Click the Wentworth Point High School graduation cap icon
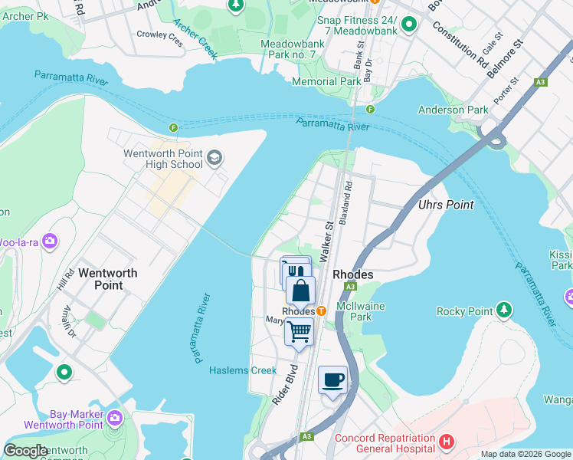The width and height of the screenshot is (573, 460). pos(214,158)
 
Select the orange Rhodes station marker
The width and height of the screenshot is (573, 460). pos(322,311)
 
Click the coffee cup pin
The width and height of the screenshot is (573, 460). pos(332,380)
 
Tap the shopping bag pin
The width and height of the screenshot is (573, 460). pos(301,291)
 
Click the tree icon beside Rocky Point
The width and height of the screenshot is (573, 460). pos(504,310)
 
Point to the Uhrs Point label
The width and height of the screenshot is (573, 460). pos(446,205)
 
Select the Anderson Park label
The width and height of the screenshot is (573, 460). pos(453,110)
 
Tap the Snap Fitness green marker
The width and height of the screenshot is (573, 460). pos(408,25)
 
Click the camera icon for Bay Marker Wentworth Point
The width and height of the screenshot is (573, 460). pos(115,418)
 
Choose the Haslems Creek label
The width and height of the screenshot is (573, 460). pos(243,371)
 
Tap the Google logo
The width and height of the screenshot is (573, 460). pos(26,451)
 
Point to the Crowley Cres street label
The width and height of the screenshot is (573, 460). pos(160,38)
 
